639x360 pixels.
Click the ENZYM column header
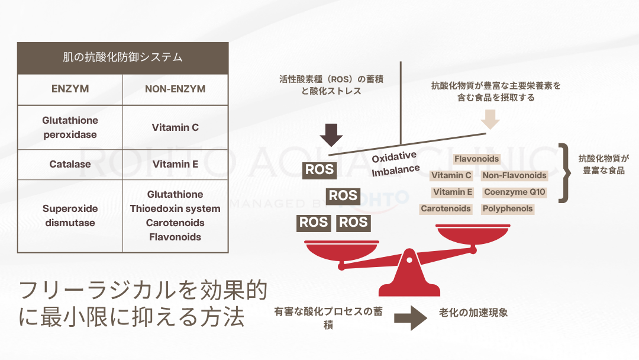70,89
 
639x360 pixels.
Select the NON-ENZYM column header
175,89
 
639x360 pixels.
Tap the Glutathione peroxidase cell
70,127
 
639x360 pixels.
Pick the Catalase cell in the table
70,164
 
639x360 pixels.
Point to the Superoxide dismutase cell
70,216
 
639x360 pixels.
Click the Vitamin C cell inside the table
175,127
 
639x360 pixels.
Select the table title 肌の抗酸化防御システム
122,57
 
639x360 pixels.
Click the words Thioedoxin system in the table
175,208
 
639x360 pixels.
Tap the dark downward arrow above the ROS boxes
331,135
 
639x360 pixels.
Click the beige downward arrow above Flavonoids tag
490,119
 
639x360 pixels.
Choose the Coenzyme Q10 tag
515,192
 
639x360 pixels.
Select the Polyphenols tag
508,209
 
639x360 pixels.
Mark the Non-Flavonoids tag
514,175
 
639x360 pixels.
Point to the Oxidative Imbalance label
395,163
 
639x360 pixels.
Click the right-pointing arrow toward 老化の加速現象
411,318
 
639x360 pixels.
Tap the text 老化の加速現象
473,313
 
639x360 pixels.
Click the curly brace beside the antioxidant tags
565,173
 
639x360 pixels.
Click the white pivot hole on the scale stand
409,260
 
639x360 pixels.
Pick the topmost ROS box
319,170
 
